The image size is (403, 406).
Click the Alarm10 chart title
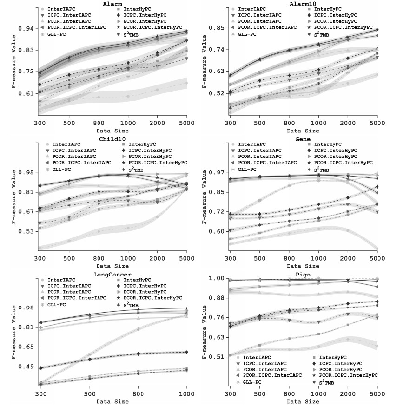(x=303, y=4)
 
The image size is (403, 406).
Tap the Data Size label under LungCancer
(x=112, y=401)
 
